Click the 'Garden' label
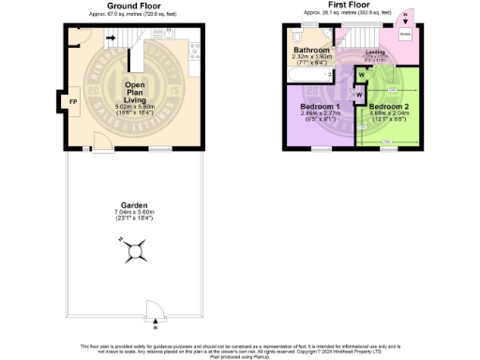click(135, 205)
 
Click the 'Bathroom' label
click(310, 49)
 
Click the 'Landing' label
click(375, 52)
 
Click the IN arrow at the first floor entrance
click(405, 16)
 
